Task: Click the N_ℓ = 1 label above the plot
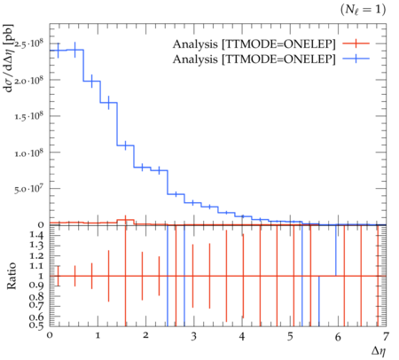pos(364,10)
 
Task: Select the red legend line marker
pos(356,43)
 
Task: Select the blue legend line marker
pos(356,59)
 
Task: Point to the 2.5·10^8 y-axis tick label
pos(29,44)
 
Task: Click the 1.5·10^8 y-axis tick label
pos(29,116)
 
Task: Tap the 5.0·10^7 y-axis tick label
pos(29,189)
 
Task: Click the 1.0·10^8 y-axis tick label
pos(29,153)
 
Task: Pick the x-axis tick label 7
pos(386,336)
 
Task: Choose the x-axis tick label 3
pos(193,336)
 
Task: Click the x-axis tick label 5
pos(290,336)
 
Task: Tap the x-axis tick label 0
pos(50,335)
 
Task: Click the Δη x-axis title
pos(379,351)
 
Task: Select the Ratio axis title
pos(12,276)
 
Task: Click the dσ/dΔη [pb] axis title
pos(10,58)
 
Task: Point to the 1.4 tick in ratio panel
pos(36,235)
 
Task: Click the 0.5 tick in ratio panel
pos(36,325)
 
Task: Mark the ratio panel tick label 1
pos(41,276)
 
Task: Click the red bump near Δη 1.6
pos(126,221)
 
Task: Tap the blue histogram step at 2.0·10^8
pos(92,81)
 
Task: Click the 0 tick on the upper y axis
pos(41,225)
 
